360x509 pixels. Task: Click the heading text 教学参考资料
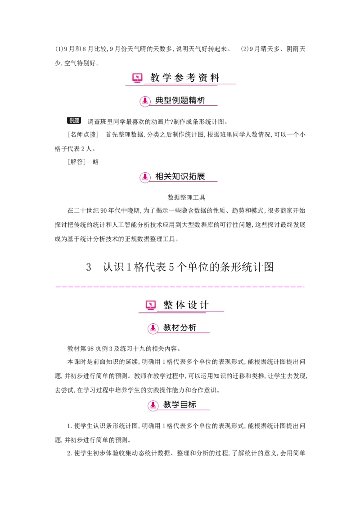[185, 78]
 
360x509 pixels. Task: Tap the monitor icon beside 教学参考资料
[137, 78]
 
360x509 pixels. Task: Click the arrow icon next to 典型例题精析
[145, 101]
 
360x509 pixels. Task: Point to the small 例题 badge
[74, 121]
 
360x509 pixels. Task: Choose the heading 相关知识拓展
[180, 176]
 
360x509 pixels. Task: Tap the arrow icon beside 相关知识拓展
[145, 177]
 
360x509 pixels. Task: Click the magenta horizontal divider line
[180, 286]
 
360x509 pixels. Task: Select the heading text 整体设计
[186, 305]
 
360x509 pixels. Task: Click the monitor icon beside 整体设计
[151, 305]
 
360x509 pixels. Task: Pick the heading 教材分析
[180, 328]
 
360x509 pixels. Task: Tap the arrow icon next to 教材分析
[153, 328]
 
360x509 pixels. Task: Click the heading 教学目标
[180, 404]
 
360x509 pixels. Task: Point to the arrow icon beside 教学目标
[153, 405]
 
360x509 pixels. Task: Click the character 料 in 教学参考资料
[215, 78]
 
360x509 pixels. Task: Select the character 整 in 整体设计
[168, 305]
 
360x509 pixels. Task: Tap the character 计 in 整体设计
[204, 305]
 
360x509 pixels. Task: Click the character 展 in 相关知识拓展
[201, 176]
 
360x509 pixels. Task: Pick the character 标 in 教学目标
[192, 404]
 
